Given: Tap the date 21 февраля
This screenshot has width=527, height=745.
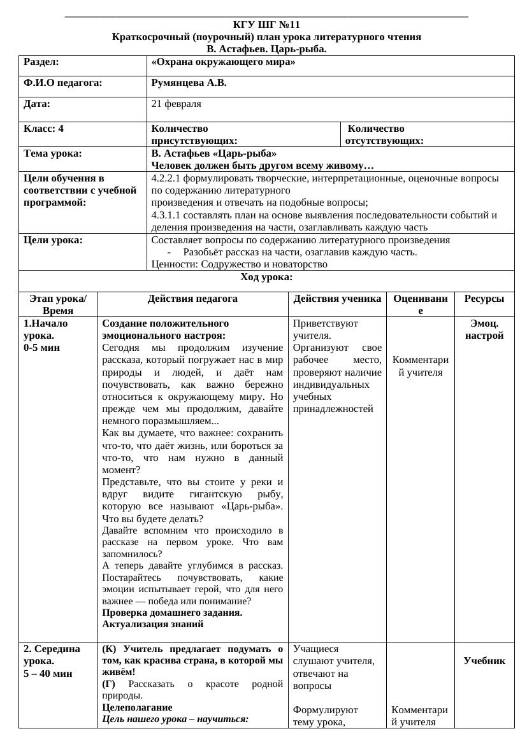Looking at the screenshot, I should (177, 103).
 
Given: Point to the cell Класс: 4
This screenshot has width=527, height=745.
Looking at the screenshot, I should (43, 129).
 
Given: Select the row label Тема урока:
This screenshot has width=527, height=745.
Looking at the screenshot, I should (52, 153).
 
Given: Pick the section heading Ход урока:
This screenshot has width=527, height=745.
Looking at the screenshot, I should (266, 277).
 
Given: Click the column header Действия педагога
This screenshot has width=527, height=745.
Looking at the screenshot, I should (192, 299).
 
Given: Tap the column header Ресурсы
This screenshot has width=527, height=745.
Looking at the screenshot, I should (484, 299).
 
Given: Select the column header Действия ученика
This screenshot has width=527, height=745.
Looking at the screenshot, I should (338, 299).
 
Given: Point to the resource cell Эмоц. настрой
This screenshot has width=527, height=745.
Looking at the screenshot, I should (484, 329).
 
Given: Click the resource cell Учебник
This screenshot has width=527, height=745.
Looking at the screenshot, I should (484, 661).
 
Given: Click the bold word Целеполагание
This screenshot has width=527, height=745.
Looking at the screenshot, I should (137, 707).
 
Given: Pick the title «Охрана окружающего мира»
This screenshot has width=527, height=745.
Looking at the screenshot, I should (223, 62).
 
